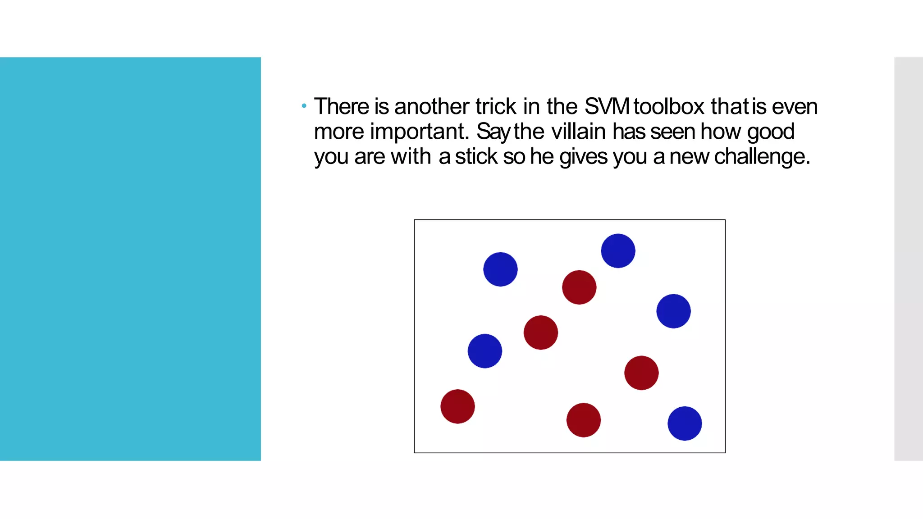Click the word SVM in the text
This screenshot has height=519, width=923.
click(607, 107)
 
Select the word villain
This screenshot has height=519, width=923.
click(578, 132)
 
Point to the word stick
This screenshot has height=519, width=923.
click(476, 157)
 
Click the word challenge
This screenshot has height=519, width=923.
click(762, 157)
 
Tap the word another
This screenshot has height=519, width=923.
click(431, 107)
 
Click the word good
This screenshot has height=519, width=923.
click(770, 132)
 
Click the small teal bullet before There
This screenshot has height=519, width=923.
click(304, 106)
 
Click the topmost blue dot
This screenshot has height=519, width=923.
click(618, 251)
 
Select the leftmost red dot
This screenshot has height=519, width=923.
click(457, 406)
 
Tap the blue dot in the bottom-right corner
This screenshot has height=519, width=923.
click(685, 423)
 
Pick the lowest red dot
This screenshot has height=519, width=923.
click(583, 420)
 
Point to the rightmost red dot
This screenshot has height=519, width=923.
click(641, 373)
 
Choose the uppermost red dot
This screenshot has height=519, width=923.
click(579, 287)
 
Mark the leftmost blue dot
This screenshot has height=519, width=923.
click(485, 351)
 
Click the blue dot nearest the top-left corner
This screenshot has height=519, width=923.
click(500, 269)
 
